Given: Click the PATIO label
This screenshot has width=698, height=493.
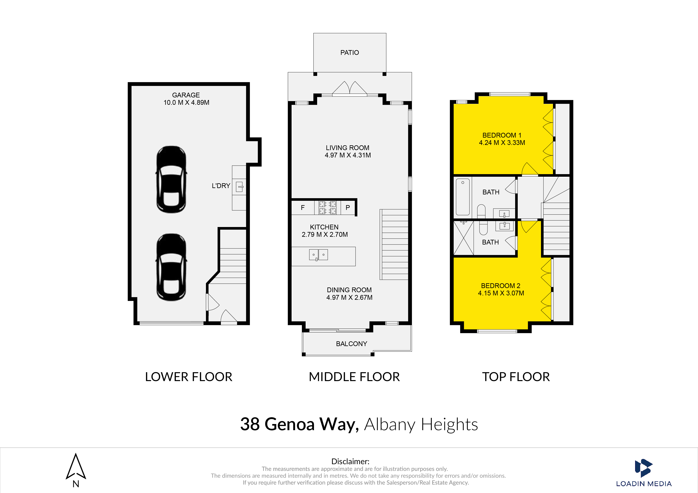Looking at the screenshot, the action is coord(350,52).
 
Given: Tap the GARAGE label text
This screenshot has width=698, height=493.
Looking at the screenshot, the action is coord(186,95).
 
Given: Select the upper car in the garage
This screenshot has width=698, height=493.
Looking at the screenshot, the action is coord(172,179).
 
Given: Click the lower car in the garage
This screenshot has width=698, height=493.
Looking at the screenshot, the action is coord(172,267).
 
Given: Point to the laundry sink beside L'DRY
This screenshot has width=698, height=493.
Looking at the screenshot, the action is coord(240,186).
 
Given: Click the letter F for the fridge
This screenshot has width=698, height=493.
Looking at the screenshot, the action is coord(303,208).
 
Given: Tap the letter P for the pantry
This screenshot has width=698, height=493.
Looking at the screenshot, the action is coord(348,208).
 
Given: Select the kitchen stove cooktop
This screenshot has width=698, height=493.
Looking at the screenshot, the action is coord(328,208).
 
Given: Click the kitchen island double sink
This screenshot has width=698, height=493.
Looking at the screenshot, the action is coord(318,255).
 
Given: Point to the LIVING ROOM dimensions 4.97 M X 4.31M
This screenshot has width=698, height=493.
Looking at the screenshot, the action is coord(348,155).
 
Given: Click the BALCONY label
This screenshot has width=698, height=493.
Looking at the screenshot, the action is coord(351,344).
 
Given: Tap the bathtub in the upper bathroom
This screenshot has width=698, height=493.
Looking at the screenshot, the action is coord(463,197).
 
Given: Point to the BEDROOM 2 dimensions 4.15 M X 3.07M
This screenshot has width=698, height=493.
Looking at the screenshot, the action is coord(501,293).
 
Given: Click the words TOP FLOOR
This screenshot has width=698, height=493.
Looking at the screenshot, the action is coord(516,377).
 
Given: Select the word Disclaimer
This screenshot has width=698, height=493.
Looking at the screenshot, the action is coord(350,461).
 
